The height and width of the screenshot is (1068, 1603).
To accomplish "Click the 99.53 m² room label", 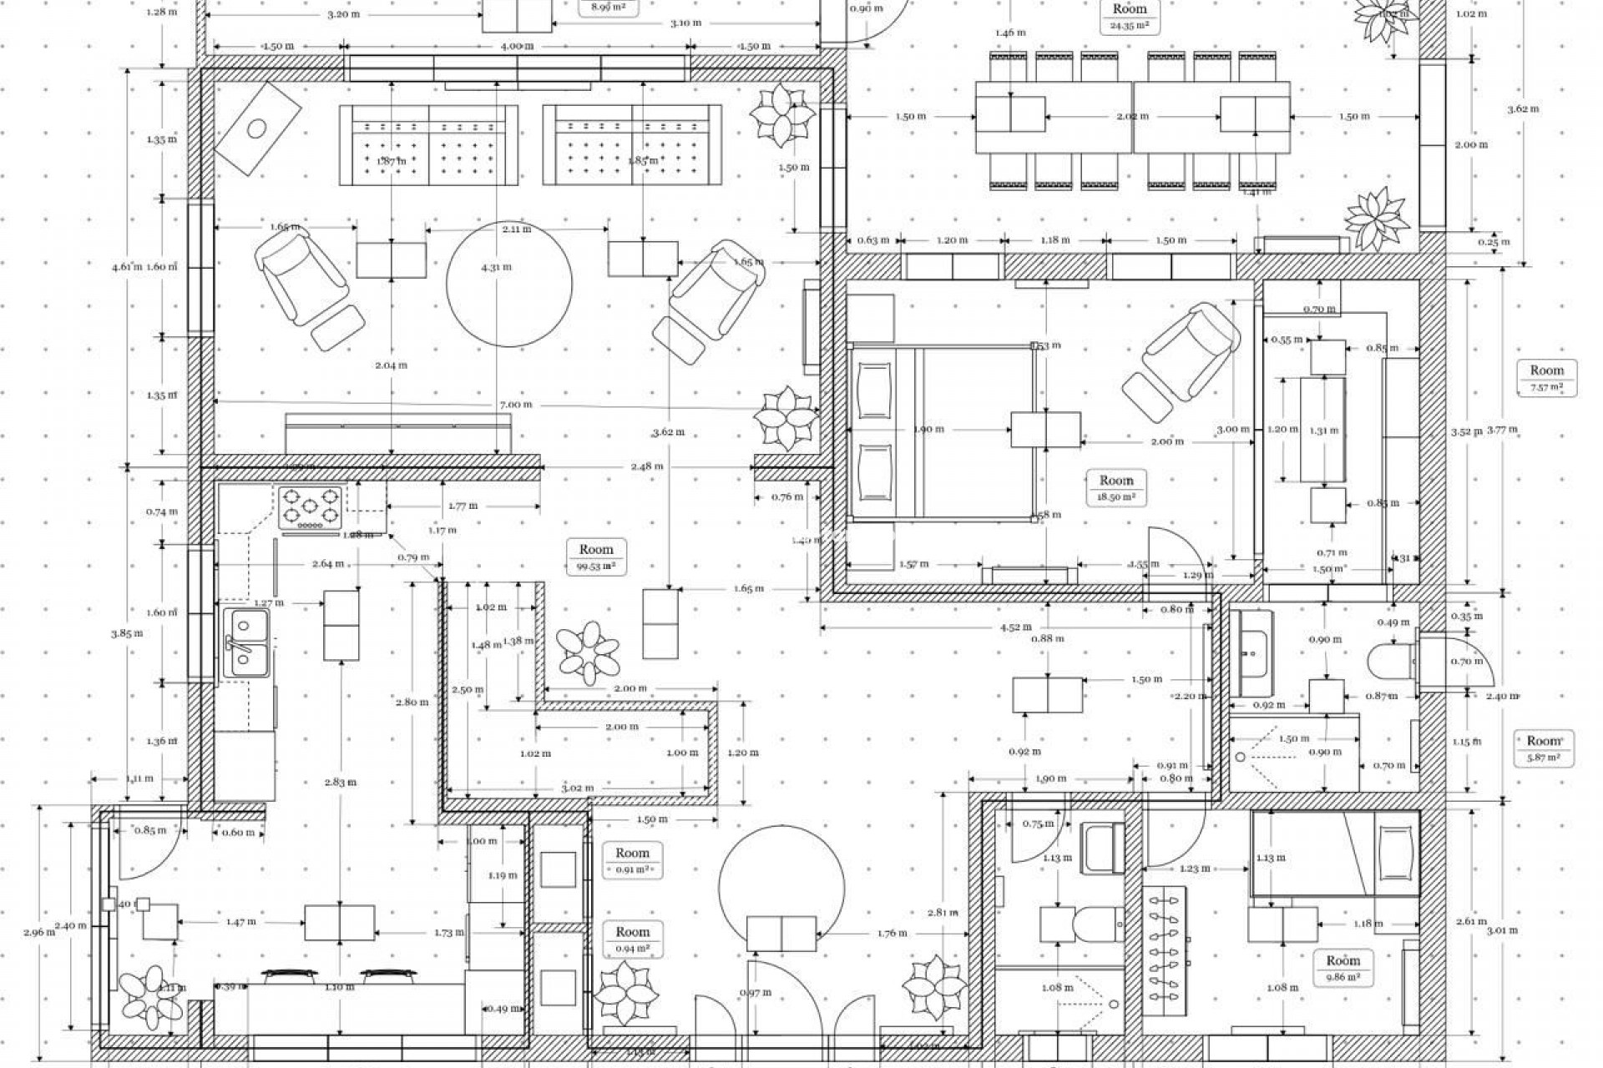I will pyautogui.click(x=596, y=557).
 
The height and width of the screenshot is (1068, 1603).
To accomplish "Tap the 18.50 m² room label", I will pyautogui.click(x=1116, y=487).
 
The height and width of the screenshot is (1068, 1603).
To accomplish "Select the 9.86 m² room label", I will pyautogui.click(x=1343, y=968).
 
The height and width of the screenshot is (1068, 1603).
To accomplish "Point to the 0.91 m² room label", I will pyautogui.click(x=632, y=859).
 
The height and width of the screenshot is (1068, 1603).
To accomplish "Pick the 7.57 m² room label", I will pyautogui.click(x=1545, y=378).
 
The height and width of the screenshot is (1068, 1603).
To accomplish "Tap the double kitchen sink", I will pyautogui.click(x=247, y=642).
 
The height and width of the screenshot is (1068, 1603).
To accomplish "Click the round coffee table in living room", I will pyautogui.click(x=509, y=284).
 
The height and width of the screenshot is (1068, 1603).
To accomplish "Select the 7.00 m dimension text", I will pyautogui.click(x=515, y=405).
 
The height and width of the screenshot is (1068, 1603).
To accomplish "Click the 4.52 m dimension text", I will pyautogui.click(x=1014, y=627).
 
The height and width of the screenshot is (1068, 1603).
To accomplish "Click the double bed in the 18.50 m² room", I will pyautogui.click(x=939, y=434).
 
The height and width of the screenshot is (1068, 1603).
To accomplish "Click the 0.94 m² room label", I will pyautogui.click(x=632, y=939).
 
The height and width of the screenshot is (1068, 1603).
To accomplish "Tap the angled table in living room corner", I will pyautogui.click(x=258, y=128).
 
